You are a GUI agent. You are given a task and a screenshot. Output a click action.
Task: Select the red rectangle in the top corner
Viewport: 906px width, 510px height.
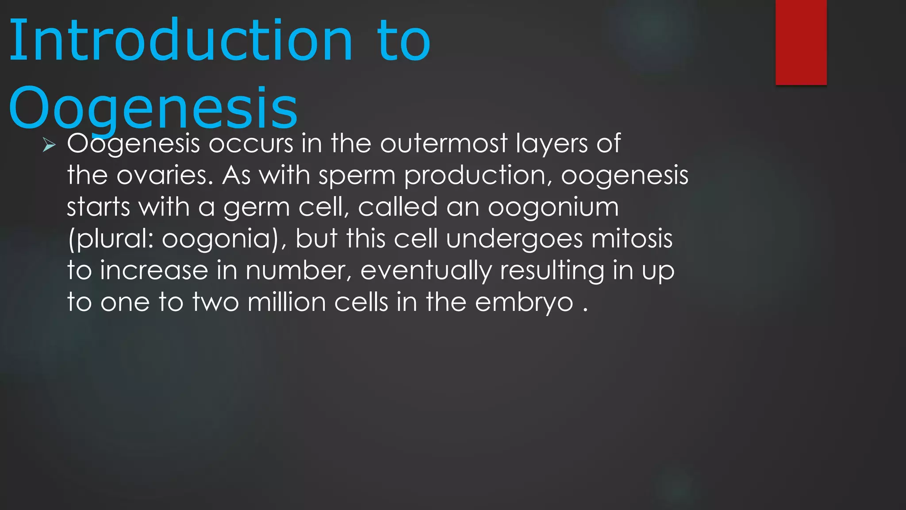pos(801,42)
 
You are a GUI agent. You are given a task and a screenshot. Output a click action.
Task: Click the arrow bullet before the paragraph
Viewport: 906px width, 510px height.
pos(49,145)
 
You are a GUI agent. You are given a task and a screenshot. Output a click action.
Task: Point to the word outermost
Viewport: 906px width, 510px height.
pos(443,143)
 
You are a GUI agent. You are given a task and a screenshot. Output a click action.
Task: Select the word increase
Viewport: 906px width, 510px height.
pos(154,270)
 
